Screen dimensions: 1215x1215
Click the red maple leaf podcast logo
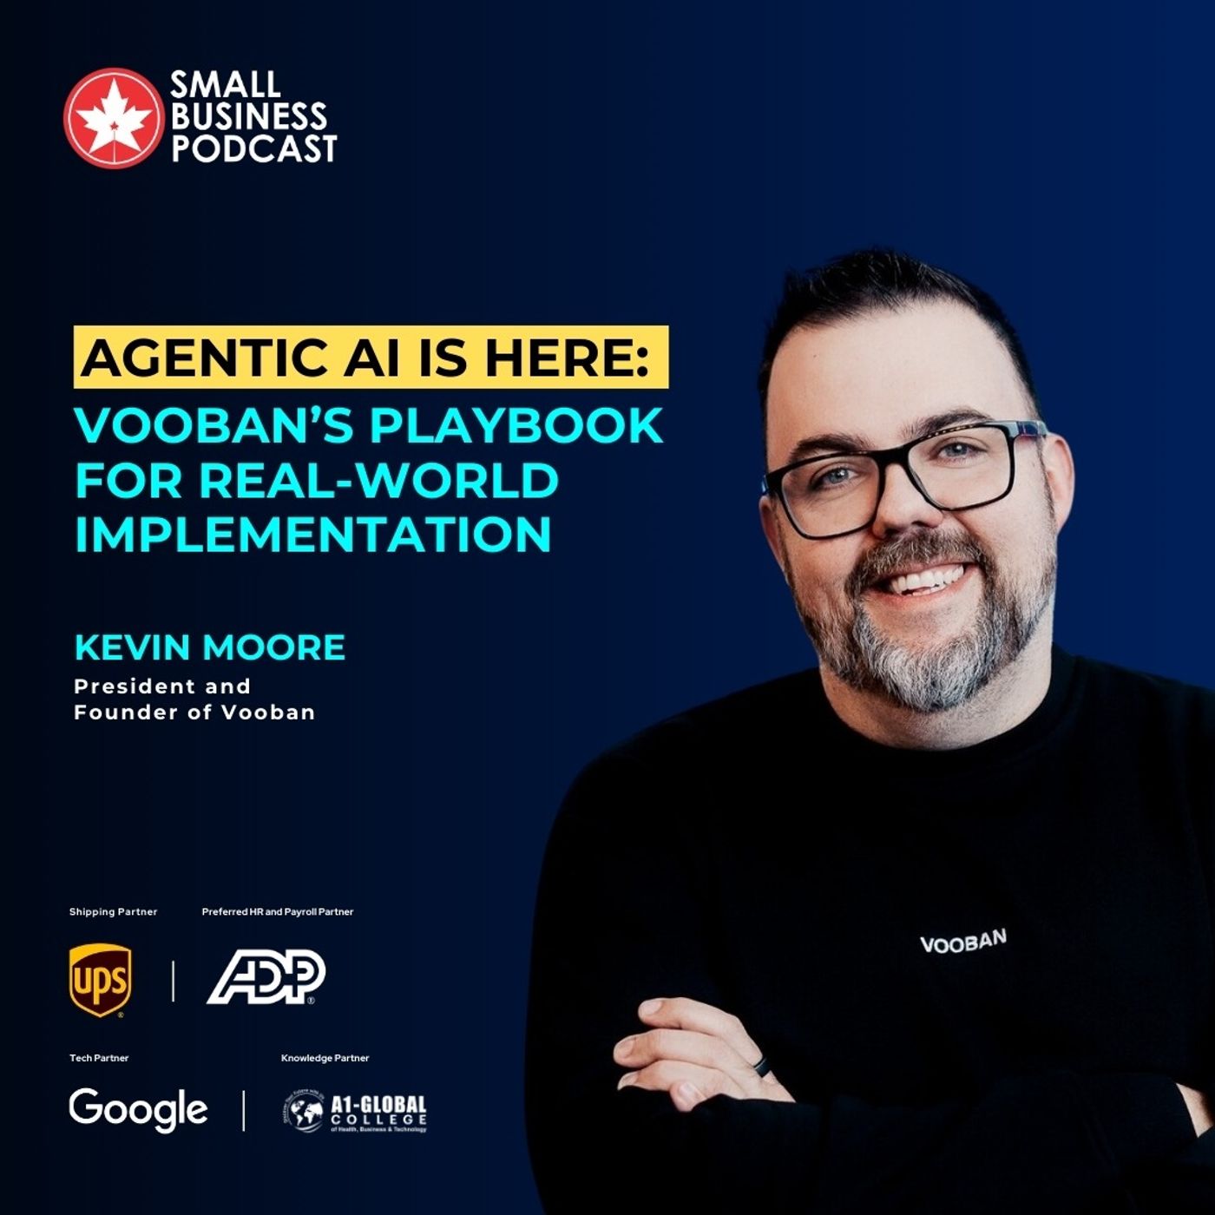113,118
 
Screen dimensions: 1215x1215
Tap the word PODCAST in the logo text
253,148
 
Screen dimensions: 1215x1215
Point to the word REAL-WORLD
379,480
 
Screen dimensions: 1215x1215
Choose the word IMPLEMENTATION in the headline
312,534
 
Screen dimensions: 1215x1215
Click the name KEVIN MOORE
210,647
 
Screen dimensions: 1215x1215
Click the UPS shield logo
101,980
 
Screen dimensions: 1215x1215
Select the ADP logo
266,977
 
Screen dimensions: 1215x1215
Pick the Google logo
139,1109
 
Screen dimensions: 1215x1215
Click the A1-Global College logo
355,1113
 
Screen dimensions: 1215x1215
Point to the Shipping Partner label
113,912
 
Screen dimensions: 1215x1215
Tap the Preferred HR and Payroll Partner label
278,912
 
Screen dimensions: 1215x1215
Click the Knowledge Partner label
325,1058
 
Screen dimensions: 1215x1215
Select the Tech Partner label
99,1058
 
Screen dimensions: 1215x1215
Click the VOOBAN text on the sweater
962,942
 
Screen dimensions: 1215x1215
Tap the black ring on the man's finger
762,1067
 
